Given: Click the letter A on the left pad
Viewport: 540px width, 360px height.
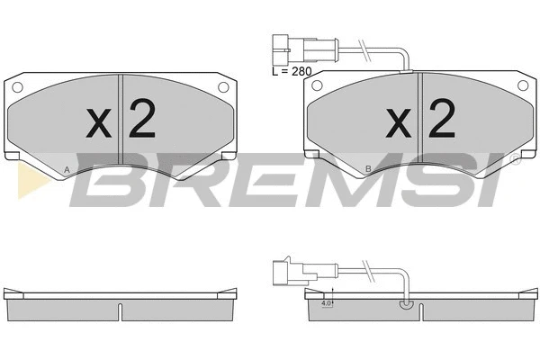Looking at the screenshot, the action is point(67,169).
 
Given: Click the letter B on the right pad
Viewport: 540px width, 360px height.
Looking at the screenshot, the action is point(368,169).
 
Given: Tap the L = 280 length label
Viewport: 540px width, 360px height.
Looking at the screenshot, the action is point(292,71).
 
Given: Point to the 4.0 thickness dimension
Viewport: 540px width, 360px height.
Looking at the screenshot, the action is point(326,303).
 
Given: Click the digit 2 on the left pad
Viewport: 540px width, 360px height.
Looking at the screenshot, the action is point(142,119).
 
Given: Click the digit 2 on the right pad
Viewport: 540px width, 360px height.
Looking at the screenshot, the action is point(442,119).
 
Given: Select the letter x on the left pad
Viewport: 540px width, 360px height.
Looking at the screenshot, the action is point(99,123).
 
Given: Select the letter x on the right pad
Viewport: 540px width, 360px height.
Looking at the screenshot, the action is point(399,123).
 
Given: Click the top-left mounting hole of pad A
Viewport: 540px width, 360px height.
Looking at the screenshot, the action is point(17,87).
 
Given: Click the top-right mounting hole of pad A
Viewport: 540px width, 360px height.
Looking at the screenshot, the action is point(223,86).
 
